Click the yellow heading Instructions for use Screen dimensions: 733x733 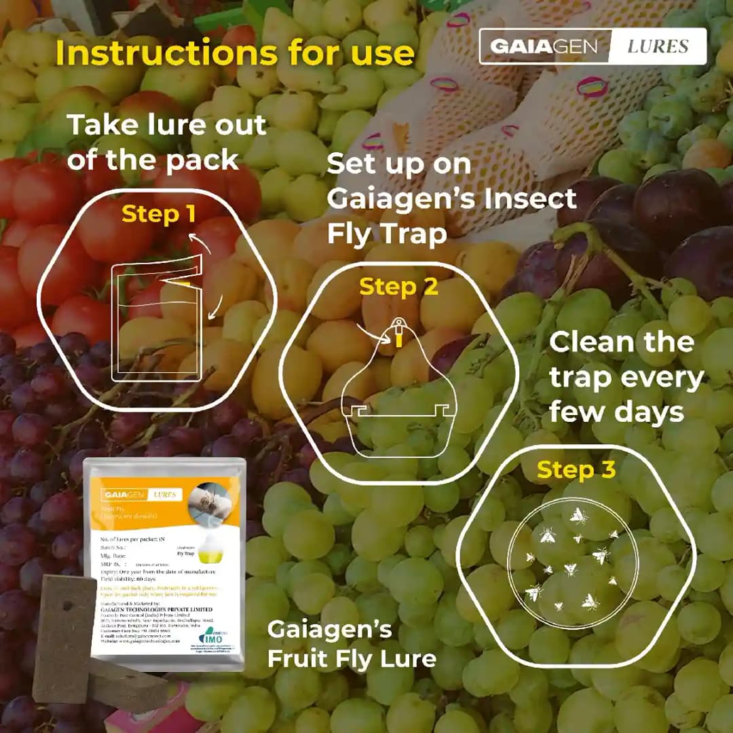[234, 54]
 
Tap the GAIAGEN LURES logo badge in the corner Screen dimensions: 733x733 [592, 46]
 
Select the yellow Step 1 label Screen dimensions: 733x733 [158, 214]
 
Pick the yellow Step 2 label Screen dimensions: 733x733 [398, 287]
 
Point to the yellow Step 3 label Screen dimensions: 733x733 [576, 469]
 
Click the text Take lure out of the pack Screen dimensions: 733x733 [166, 142]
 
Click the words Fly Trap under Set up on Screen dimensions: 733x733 [387, 234]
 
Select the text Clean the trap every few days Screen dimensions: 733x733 [626, 376]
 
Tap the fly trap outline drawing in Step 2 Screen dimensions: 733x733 [397, 394]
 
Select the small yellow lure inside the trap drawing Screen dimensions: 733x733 [399, 339]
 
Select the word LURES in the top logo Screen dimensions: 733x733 [657, 46]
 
